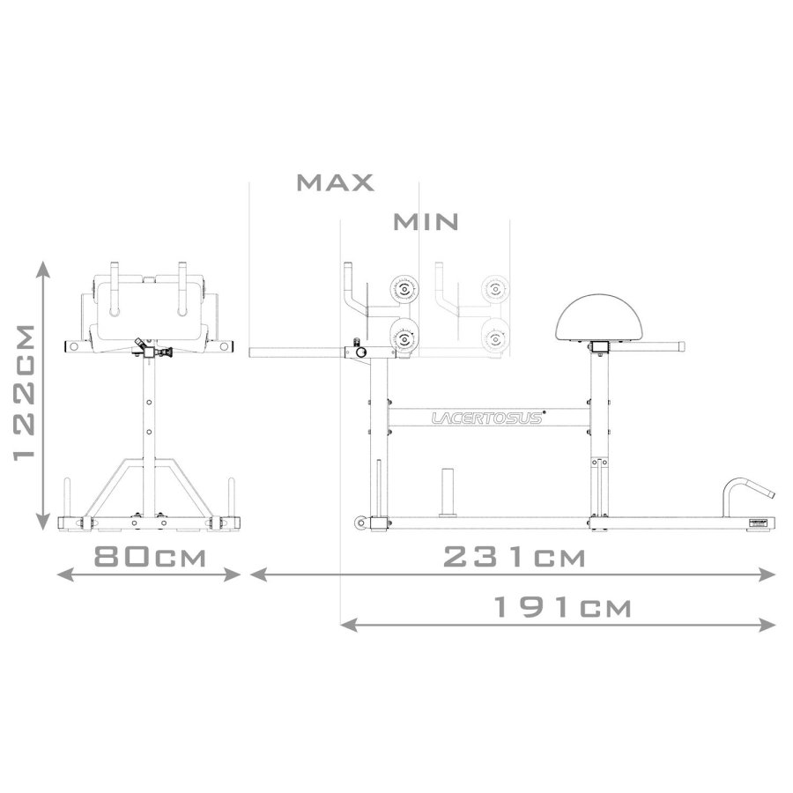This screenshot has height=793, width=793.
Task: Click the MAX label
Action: [336, 182]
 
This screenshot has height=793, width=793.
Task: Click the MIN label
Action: [426, 222]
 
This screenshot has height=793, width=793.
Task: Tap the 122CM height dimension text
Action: [25, 392]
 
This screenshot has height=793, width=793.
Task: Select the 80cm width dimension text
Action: [150, 557]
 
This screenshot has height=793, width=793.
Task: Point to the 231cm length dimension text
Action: [514, 558]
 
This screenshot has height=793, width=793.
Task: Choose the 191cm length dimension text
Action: [562, 607]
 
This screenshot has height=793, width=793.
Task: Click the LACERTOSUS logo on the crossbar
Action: [487, 418]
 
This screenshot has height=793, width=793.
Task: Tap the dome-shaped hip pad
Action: [599, 317]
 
